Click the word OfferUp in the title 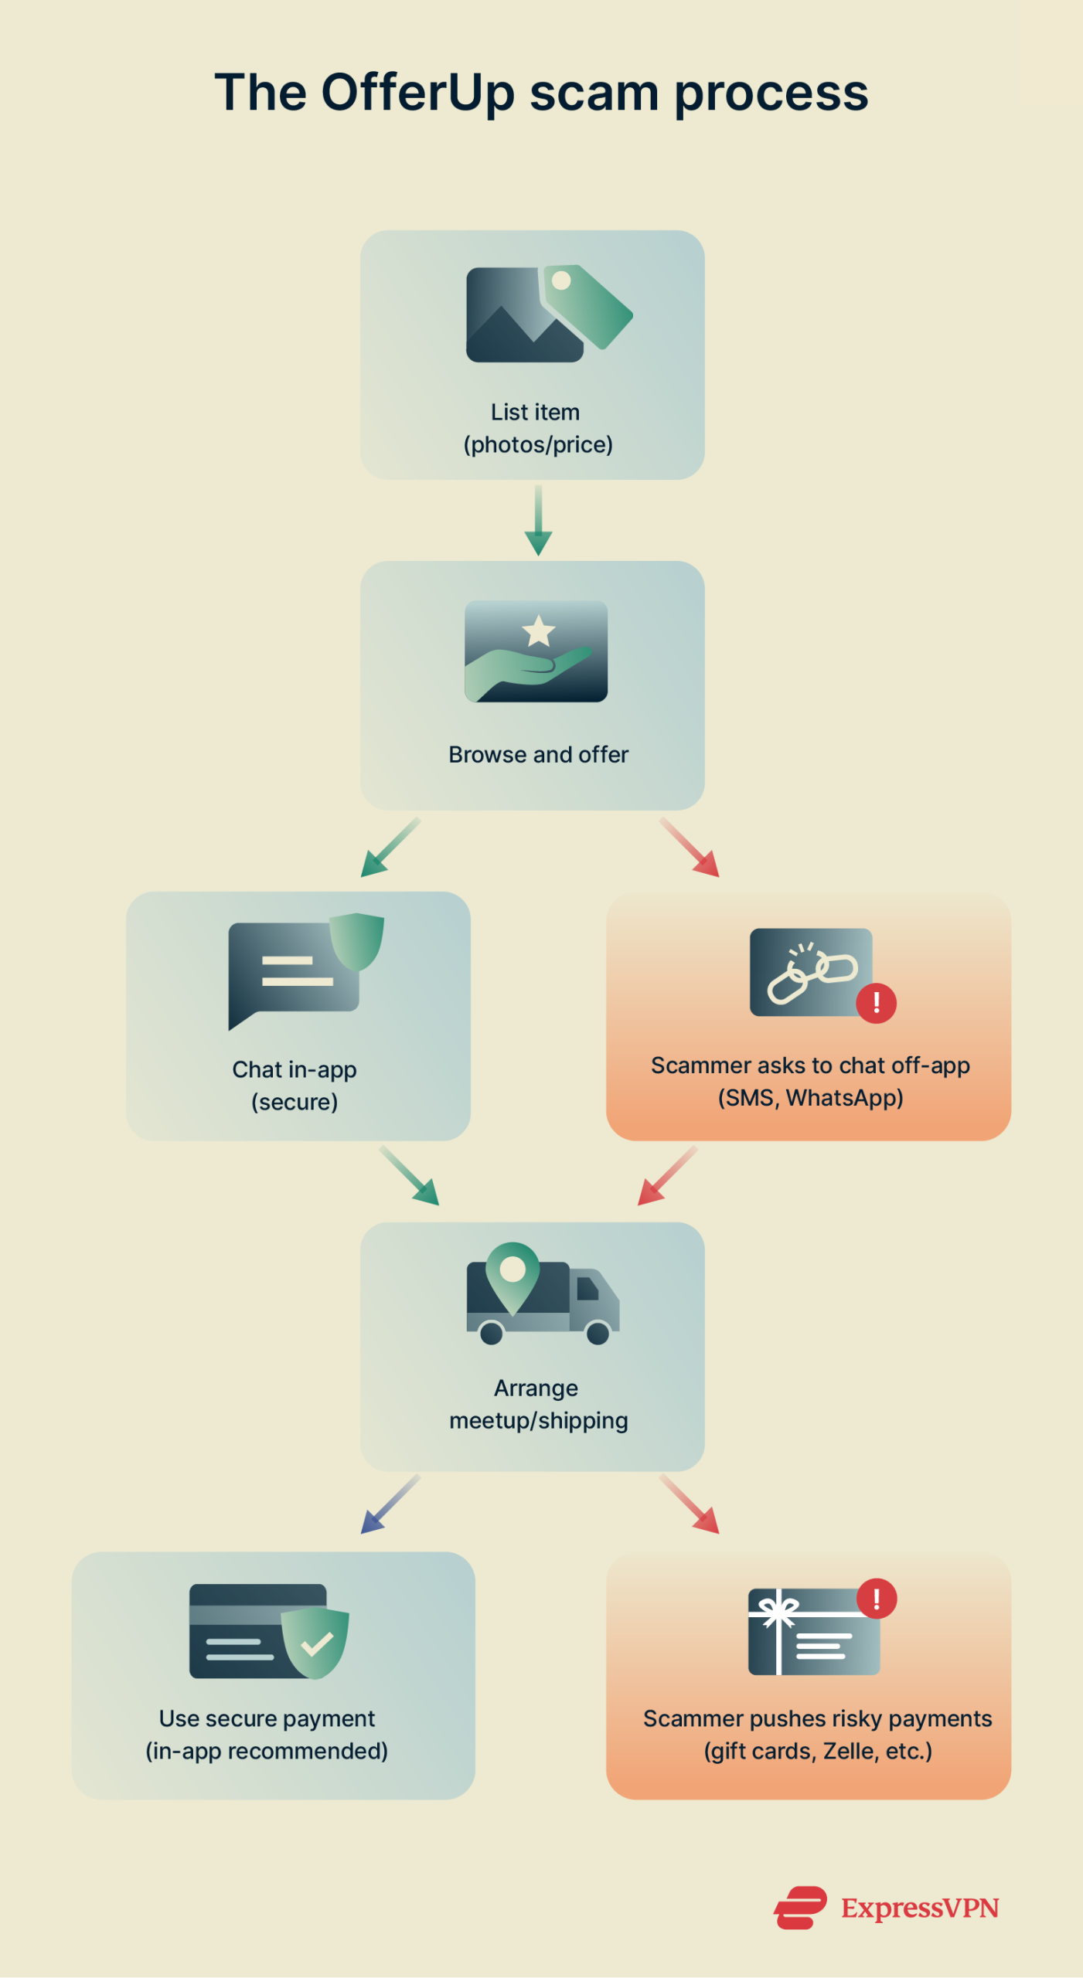[417, 93]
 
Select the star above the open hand [539, 630]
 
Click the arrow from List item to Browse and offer [538, 521]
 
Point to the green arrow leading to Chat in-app [390, 848]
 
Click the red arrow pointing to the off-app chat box [690, 848]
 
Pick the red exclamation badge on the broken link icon [876, 1003]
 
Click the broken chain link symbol [812, 973]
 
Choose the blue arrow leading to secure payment [390, 1504]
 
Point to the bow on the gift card [778, 1610]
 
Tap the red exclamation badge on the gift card [877, 1599]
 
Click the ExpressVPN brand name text [920, 1908]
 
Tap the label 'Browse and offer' [538, 755]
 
